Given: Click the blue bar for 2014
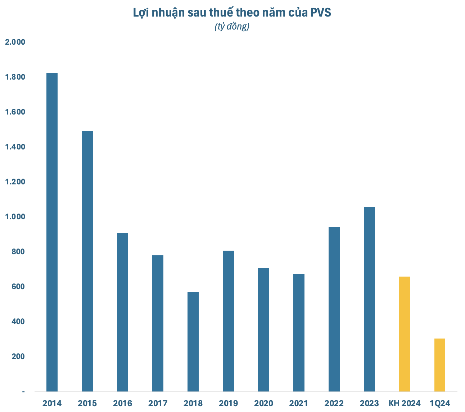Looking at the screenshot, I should pyautogui.click(x=52, y=232).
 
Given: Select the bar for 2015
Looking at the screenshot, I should pyautogui.click(x=87, y=261).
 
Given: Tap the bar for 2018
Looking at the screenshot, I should pyautogui.click(x=193, y=341).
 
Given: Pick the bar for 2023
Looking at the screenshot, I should pyautogui.click(x=369, y=299).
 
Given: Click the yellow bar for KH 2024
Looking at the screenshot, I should pyautogui.click(x=404, y=334).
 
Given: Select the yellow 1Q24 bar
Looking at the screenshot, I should pyautogui.click(x=439, y=365).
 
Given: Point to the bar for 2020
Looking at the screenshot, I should pyautogui.click(x=263, y=330).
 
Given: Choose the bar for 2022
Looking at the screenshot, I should pyautogui.click(x=334, y=309).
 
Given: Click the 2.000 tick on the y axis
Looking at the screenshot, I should pyautogui.click(x=15, y=42).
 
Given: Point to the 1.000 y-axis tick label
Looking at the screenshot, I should pyautogui.click(x=15, y=217).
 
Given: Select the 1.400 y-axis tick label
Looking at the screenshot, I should pyautogui.click(x=15, y=147).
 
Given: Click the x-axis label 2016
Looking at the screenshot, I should pyautogui.click(x=122, y=403).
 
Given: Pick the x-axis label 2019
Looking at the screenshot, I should pyautogui.click(x=228, y=403).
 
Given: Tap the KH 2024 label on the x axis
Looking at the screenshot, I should pyautogui.click(x=404, y=403).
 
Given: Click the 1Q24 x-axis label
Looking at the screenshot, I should pyautogui.click(x=440, y=403).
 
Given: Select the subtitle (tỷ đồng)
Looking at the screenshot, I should pyautogui.click(x=232, y=27).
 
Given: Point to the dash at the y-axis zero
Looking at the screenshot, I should pyautogui.click(x=24, y=391).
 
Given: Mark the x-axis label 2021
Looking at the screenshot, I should pyautogui.click(x=299, y=403).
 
